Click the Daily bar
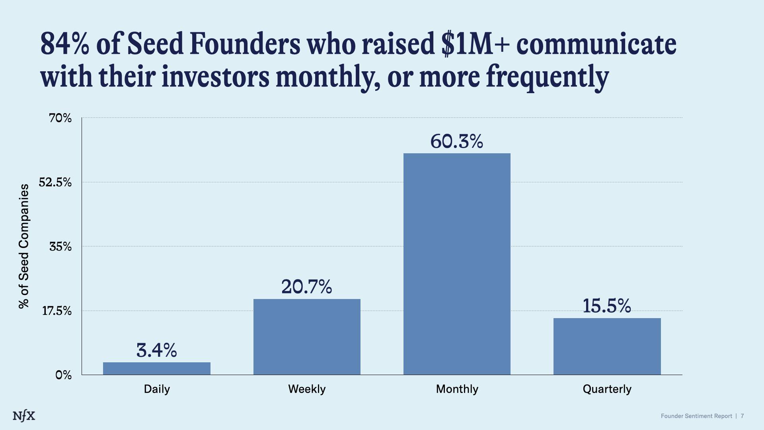[156, 368]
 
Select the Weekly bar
[307, 337]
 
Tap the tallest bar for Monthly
[457, 264]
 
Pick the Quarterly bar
[607, 346]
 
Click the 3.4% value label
[156, 350]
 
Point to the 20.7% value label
[306, 287]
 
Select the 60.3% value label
[456, 141]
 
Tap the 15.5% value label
[606, 306]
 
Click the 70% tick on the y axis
[60, 118]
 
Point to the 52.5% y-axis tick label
[55, 182]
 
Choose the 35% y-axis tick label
[60, 246]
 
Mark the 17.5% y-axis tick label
[57, 311]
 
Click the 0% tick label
[63, 375]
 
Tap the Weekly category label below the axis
[307, 389]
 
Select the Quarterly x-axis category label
[607, 389]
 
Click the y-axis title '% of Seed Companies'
[24, 246]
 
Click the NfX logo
[24, 416]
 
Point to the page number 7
[742, 416]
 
